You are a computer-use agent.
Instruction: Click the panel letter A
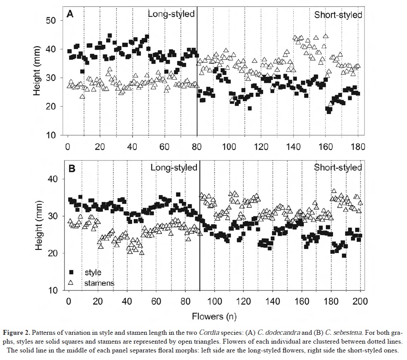click(x=70, y=14)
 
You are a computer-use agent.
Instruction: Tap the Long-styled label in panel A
click(x=171, y=14)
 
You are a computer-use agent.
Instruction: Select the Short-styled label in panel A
click(x=338, y=15)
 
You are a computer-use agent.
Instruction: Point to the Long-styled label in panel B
click(x=174, y=168)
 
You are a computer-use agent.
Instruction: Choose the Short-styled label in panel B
click(x=338, y=168)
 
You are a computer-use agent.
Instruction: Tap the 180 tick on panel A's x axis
click(x=358, y=146)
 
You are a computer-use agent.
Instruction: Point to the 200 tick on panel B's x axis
click(x=360, y=302)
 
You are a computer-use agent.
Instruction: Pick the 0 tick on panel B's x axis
click(x=68, y=302)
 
